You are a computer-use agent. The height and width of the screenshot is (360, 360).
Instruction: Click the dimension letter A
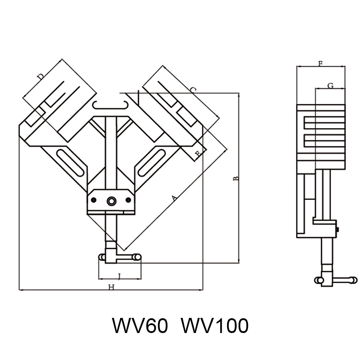175,198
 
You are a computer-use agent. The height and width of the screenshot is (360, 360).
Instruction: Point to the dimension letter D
41,76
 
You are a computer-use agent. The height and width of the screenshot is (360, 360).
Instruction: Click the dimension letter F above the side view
320,64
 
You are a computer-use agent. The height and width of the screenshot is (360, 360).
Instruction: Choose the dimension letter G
330,86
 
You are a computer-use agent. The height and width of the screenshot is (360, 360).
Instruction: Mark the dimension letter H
111,287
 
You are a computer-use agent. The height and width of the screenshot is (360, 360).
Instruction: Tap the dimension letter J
119,276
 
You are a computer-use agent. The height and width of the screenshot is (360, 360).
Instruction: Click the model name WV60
140,326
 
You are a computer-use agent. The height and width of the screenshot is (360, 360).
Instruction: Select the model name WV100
215,326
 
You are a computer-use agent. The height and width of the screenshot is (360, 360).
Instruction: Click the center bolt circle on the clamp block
111,201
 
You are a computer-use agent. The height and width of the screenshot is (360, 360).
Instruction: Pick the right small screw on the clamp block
128,200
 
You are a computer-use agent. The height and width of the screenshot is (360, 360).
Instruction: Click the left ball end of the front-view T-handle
102,257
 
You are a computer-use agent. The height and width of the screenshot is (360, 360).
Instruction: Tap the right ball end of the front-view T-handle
136,257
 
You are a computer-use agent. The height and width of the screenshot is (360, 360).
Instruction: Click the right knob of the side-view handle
354,279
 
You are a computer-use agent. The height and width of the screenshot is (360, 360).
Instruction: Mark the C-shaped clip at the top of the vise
111,104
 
